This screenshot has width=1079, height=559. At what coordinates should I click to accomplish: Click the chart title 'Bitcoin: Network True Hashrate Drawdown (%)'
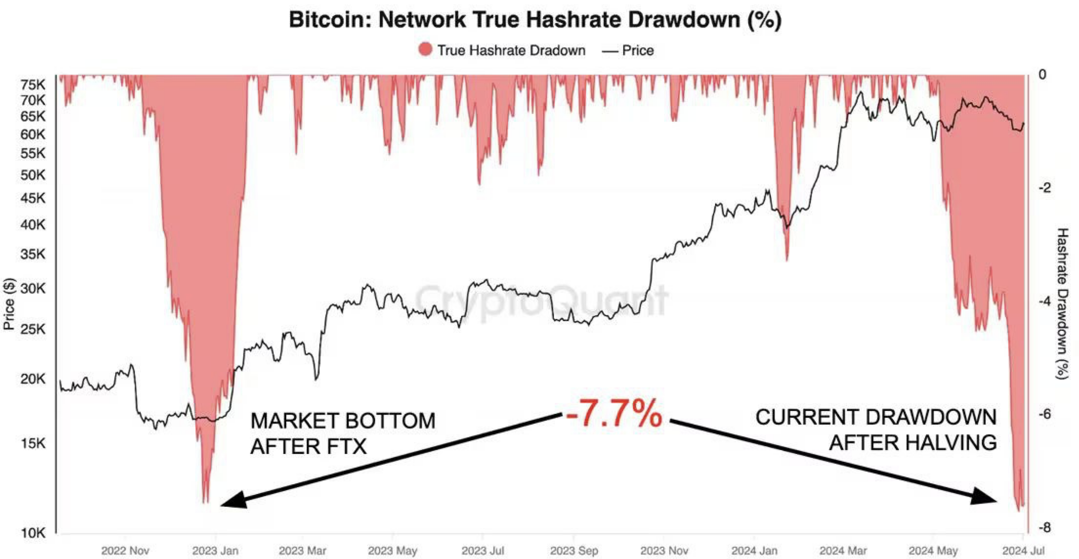pos(535,20)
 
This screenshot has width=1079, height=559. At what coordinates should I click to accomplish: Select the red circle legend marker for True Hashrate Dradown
pos(425,50)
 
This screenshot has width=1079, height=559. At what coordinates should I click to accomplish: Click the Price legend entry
pos(628,50)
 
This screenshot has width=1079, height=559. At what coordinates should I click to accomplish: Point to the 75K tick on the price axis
pos(33,85)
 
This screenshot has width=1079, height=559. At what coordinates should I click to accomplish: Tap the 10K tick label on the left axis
pos(33,533)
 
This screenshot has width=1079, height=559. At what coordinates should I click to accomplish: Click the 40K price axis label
pos(33,225)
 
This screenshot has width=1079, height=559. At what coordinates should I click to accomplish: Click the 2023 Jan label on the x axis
pos(215,551)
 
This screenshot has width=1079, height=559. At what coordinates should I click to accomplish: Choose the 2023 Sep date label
pos(574,551)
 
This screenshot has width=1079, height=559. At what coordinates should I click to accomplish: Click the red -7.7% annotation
pos(614,413)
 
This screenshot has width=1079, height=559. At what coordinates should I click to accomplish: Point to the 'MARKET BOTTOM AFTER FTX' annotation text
pos(342,433)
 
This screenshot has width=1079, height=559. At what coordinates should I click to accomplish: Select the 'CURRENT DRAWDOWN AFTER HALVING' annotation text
pos(875,430)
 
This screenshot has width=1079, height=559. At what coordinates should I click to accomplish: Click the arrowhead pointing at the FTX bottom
pos(232,501)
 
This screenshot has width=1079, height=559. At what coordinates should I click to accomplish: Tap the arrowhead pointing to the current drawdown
pos(984,496)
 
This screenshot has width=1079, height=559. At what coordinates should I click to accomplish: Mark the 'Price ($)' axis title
pos(9,304)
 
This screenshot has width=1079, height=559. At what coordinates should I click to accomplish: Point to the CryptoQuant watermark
pos(541,300)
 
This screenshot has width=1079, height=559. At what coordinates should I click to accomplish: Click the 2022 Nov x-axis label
pos(125,551)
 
